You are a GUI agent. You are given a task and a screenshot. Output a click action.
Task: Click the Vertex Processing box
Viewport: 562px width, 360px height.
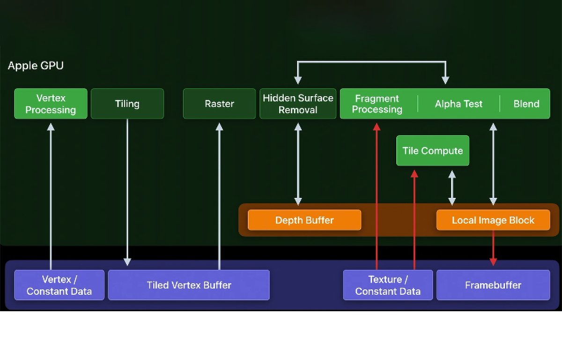pyautogui.click(x=51, y=104)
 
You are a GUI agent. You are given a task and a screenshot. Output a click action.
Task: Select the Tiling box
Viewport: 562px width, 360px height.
pyautogui.click(x=127, y=104)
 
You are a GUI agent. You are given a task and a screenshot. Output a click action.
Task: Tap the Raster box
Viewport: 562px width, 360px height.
pyautogui.click(x=219, y=104)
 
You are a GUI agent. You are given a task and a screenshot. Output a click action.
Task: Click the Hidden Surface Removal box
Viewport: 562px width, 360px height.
pyautogui.click(x=298, y=104)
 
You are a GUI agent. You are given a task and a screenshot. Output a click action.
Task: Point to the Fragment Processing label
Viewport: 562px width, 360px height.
pyautogui.click(x=377, y=104)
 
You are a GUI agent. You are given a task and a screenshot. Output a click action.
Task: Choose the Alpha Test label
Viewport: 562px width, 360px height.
pyautogui.click(x=458, y=104)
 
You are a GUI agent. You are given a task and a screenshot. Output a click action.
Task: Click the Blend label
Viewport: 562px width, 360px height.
pyautogui.click(x=526, y=104)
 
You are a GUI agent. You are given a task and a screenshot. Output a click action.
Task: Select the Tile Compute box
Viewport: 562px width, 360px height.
pyautogui.click(x=433, y=150)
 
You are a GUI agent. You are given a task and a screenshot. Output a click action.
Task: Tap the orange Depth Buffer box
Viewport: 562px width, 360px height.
pyautogui.click(x=304, y=220)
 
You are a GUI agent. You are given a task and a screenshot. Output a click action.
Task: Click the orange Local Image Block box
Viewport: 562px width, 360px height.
pyautogui.click(x=493, y=220)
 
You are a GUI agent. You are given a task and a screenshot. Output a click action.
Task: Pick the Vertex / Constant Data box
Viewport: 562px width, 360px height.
pyautogui.click(x=59, y=285)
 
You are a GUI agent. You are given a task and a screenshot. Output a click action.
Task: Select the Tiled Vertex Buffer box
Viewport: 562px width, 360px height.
pyautogui.click(x=189, y=285)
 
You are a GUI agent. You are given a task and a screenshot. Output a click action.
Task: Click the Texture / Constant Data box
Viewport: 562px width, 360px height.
pyautogui.click(x=388, y=285)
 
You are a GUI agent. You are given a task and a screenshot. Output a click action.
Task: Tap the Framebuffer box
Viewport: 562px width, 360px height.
pyautogui.click(x=493, y=285)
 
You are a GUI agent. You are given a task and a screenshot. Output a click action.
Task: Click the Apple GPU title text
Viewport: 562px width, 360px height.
pyautogui.click(x=36, y=66)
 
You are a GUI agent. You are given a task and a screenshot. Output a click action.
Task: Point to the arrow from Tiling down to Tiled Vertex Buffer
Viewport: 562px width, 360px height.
pyautogui.click(x=127, y=192)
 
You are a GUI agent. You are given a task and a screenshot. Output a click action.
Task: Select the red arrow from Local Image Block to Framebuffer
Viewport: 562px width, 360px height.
pyautogui.click(x=493, y=248)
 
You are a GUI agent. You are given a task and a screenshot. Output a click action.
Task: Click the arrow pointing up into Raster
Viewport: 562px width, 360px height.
pyautogui.click(x=219, y=192)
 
